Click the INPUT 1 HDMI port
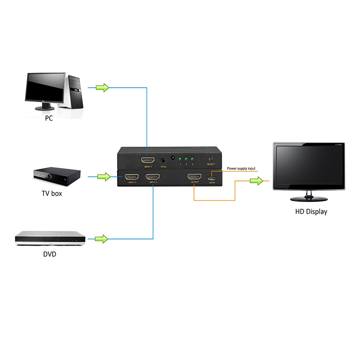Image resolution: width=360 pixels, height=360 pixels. (148, 160)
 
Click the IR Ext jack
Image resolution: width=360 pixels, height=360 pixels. (161, 160)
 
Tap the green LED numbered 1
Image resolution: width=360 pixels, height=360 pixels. (180, 159)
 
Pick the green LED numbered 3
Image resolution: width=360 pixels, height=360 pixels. (192, 159)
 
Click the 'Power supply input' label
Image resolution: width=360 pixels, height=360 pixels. (241, 169)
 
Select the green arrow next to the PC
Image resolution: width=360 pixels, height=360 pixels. (103, 87)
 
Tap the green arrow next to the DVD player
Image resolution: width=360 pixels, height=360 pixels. (102, 238)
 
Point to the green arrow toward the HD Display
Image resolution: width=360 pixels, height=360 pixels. (256, 181)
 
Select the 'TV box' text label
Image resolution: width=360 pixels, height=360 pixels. (49, 193)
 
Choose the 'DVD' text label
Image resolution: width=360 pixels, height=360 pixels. (49, 254)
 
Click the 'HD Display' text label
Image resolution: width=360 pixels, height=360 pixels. (311, 211)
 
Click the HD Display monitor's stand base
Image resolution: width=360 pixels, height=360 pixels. (309, 198)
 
